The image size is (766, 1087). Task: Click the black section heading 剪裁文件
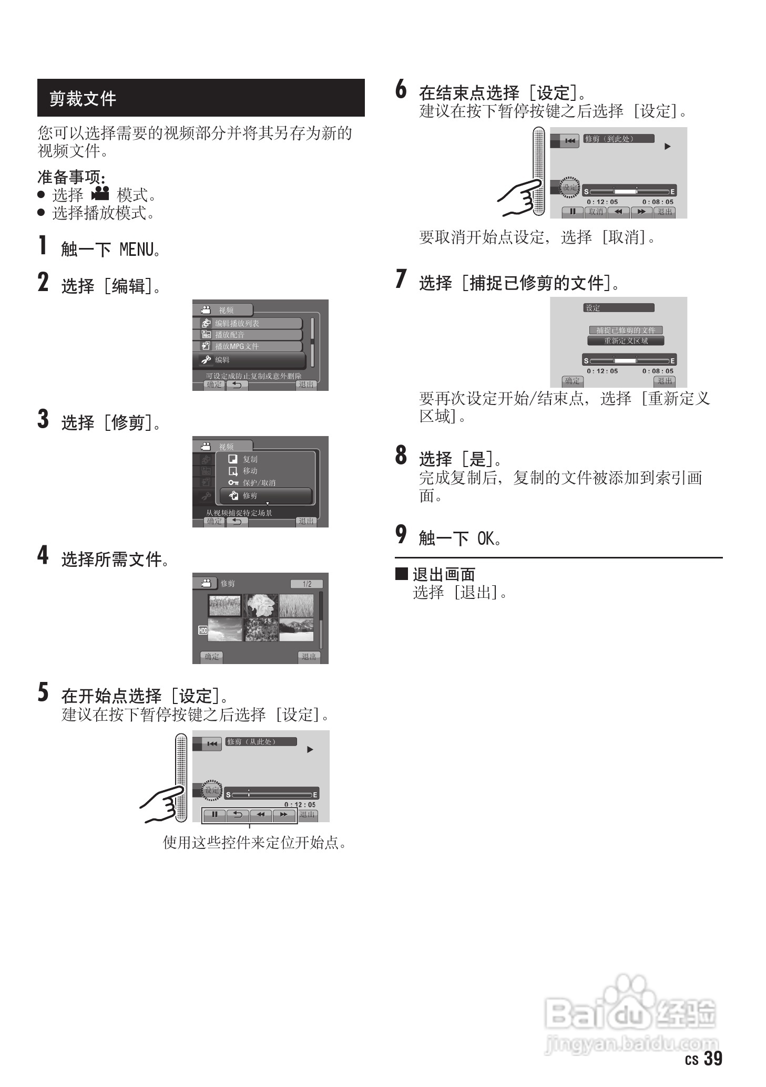83,98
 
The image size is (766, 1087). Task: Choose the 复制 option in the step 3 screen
250,459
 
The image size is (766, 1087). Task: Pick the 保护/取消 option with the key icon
259,483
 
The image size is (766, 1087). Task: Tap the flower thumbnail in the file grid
261,606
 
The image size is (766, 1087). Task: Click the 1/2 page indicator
307,584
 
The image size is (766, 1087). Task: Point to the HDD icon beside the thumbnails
203,630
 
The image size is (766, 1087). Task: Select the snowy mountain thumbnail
296,629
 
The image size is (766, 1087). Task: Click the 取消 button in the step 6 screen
596,212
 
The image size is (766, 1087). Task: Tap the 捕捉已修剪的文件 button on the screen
626,330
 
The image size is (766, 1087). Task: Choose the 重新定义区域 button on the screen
626,341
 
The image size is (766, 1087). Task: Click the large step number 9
401,535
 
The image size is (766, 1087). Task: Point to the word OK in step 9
486,539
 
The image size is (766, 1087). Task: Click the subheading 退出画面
444,574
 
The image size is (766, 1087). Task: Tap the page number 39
712,1058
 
